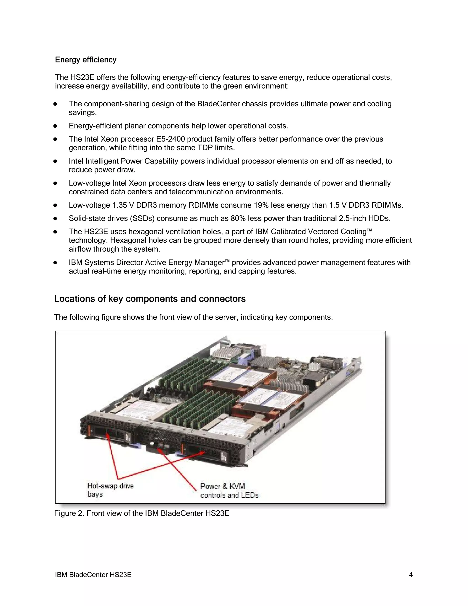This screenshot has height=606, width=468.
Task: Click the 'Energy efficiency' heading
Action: coord(86,60)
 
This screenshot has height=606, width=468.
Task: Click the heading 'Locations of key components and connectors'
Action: coord(150,299)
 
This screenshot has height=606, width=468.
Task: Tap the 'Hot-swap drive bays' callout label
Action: coord(110,490)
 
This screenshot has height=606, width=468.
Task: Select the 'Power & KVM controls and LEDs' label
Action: coord(229,491)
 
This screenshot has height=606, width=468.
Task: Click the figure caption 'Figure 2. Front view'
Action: coord(142,513)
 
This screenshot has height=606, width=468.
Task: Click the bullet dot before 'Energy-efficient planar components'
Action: coord(55,126)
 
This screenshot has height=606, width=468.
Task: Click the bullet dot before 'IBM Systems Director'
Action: coord(55,263)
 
